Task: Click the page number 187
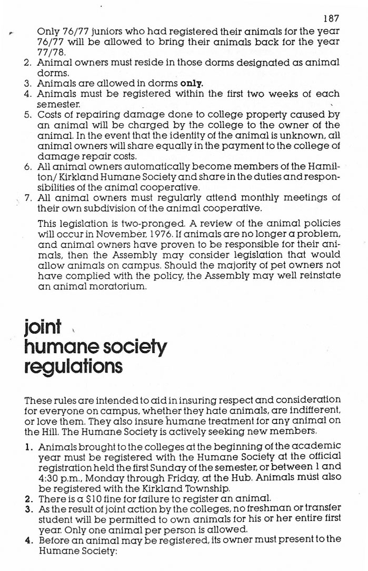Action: pyautogui.click(x=331, y=18)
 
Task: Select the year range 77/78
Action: pyautogui.click(x=49, y=53)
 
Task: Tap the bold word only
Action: pyautogui.click(x=192, y=83)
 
